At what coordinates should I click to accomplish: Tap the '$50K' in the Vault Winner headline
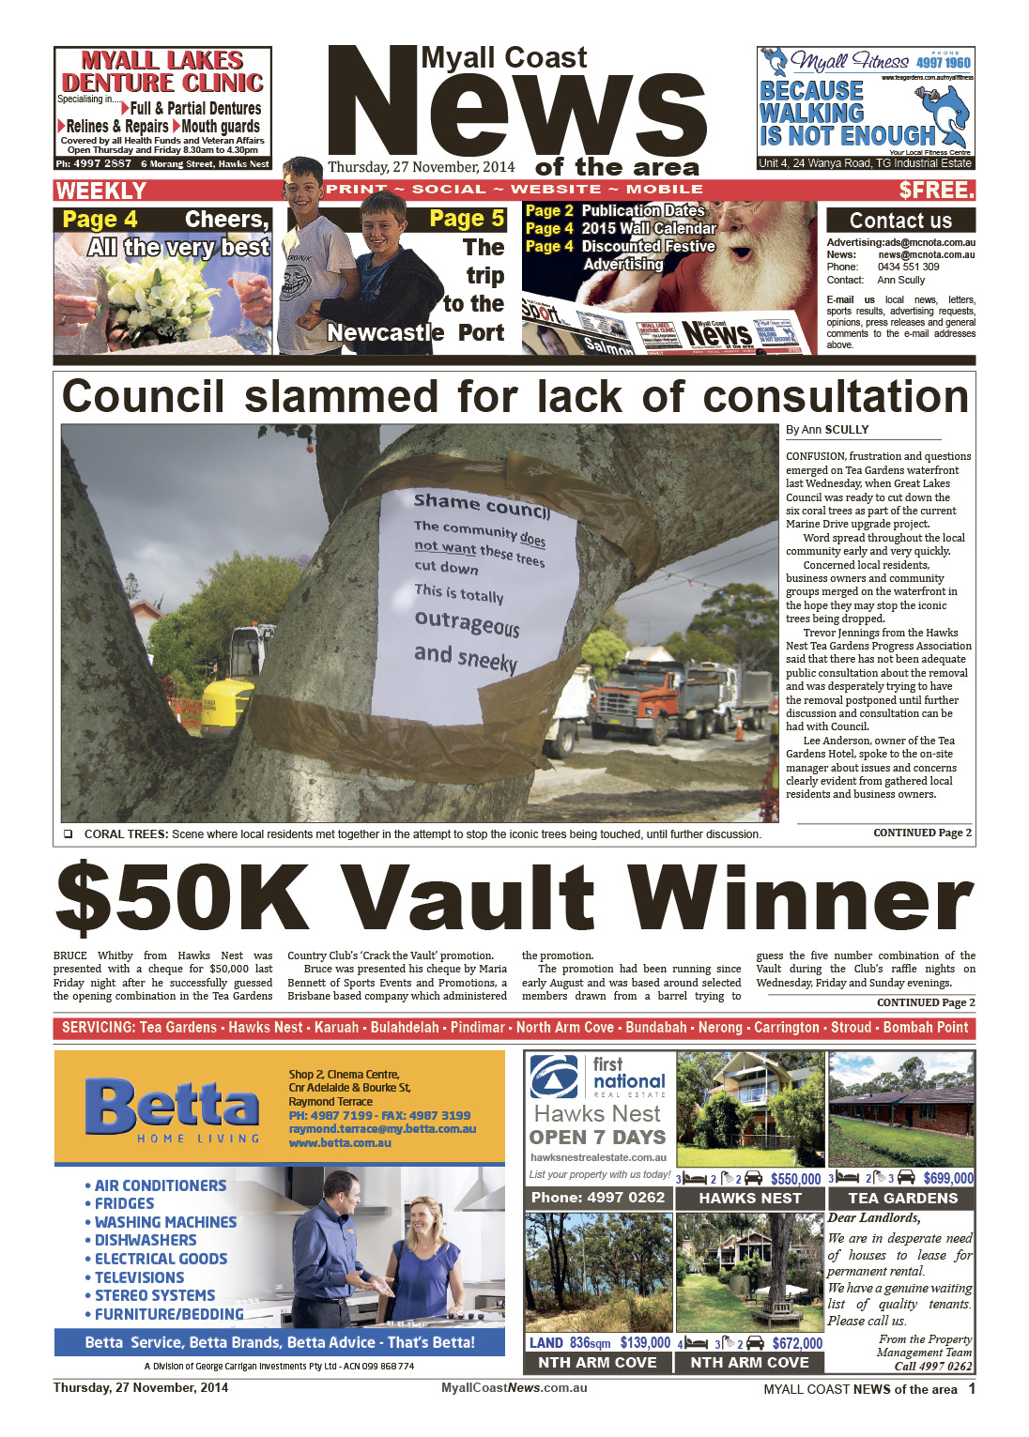coord(181,898)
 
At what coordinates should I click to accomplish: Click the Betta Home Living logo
coord(172,1108)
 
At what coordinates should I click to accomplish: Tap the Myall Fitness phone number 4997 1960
coord(944,63)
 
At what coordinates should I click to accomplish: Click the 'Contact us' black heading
coord(900,221)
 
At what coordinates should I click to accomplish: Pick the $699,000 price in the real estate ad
coord(947,1178)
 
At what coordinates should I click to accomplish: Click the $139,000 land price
coord(645,1343)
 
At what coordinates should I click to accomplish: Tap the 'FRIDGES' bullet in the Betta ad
coord(124,1203)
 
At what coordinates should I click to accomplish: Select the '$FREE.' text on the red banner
coord(936,191)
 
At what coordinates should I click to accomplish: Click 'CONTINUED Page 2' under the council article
coord(922,833)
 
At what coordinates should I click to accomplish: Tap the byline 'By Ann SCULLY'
coord(827,430)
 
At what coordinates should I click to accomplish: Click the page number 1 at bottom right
coord(972,1388)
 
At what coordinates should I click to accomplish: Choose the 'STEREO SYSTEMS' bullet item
coord(155,1295)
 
